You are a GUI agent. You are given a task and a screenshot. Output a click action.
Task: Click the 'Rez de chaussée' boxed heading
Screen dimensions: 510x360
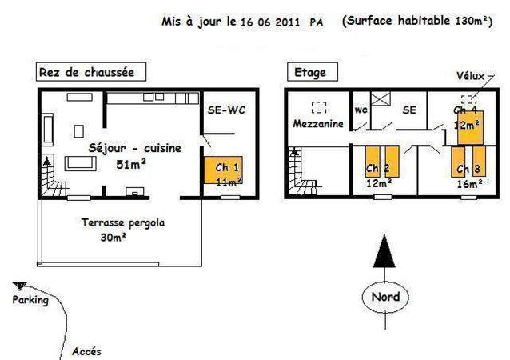[x=91, y=72]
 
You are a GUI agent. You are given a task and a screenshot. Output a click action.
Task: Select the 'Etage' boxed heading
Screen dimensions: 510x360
[x=313, y=72]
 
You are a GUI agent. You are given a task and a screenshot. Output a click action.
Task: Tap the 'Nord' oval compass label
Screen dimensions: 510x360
[x=385, y=297]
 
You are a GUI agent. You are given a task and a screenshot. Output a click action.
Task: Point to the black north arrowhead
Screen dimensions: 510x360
[x=384, y=251]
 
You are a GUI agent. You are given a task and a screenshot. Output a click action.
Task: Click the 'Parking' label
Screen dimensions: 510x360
[x=30, y=300]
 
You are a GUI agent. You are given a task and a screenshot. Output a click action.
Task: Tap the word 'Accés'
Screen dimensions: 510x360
[x=86, y=351]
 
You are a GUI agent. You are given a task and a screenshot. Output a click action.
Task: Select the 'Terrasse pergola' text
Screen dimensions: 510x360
[x=123, y=223]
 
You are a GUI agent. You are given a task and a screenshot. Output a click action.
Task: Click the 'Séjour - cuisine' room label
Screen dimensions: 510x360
[x=134, y=149]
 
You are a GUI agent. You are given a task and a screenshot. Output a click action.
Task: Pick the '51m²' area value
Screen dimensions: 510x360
[x=131, y=164]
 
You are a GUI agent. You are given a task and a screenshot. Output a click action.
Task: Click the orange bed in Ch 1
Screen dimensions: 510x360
[x=224, y=170]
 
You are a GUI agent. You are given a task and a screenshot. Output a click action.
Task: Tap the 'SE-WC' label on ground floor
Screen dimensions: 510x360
[x=226, y=110]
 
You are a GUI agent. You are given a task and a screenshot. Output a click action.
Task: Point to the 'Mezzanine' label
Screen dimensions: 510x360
[x=318, y=124]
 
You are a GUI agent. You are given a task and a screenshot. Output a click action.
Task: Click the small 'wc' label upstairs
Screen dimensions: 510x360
[x=361, y=110]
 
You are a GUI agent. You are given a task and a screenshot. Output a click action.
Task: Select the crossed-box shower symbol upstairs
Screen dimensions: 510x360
[x=381, y=98]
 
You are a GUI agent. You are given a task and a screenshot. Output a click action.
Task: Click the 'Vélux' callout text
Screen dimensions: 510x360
[x=470, y=76]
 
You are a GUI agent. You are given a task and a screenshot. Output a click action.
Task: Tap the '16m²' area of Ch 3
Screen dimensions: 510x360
[x=469, y=184]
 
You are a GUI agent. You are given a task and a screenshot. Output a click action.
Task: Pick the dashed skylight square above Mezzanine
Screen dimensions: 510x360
[x=319, y=107]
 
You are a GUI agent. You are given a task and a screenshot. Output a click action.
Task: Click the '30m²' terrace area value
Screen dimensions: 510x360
[x=113, y=238]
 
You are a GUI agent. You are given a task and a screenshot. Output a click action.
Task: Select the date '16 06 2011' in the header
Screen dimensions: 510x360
[x=270, y=22]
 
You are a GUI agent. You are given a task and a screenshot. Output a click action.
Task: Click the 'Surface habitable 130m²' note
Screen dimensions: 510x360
[x=417, y=21]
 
